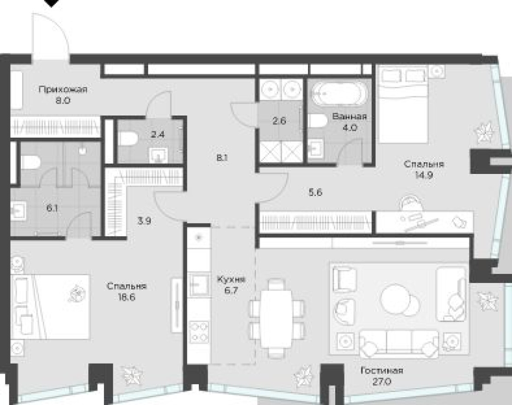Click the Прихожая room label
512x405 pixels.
tap(63, 89)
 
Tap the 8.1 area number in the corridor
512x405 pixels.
tap(222, 158)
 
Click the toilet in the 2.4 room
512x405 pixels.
tap(128, 139)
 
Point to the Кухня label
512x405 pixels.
tap(231, 279)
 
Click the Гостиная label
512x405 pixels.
tap(382, 370)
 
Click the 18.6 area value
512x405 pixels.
tap(127, 297)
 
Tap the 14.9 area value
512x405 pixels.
tap(424, 175)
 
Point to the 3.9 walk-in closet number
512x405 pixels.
tap(144, 221)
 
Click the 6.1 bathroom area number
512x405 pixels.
tap(52, 208)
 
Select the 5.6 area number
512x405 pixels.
tap(315, 192)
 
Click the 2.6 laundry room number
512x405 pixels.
tap(279, 121)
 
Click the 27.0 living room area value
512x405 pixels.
tap(382, 382)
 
